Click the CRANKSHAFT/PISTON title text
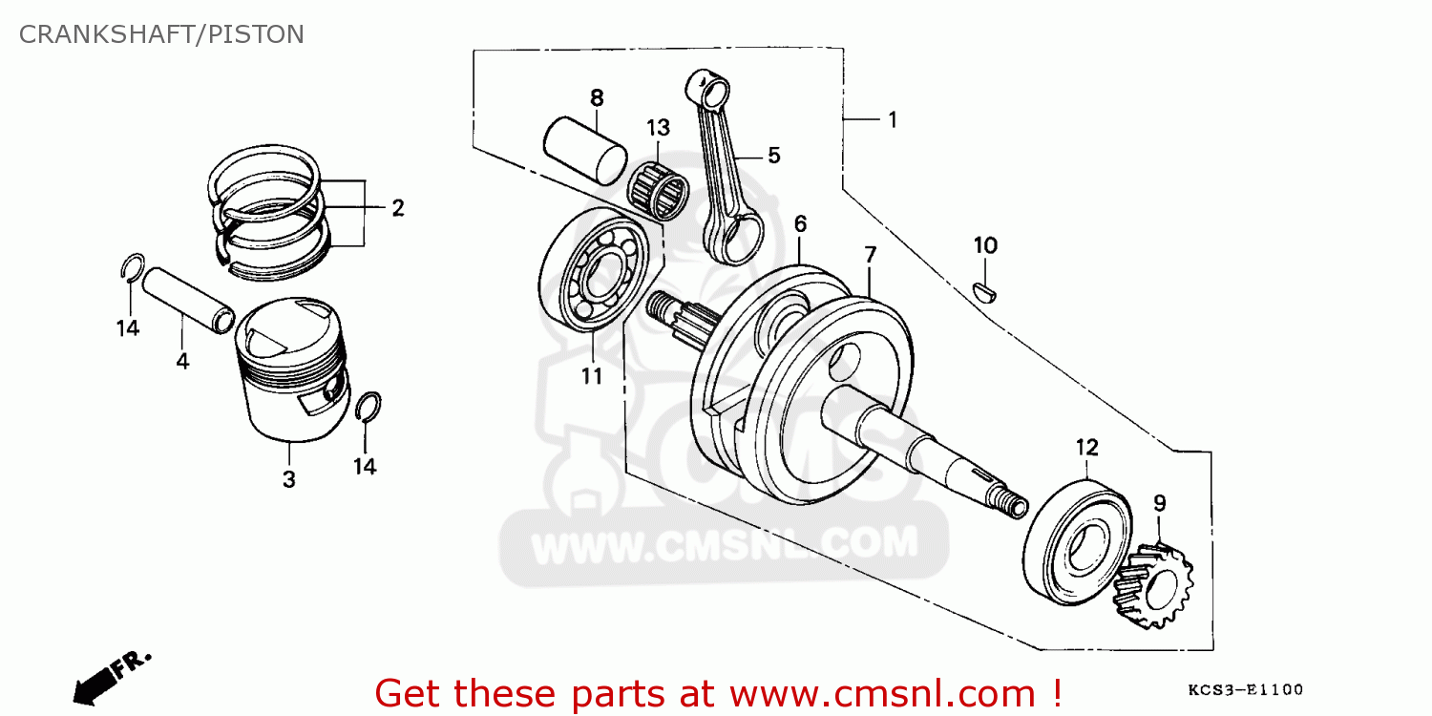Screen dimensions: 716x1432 click(161, 34)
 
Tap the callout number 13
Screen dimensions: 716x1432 click(658, 128)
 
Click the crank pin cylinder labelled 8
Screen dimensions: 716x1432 click(585, 149)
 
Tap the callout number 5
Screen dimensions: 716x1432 click(773, 155)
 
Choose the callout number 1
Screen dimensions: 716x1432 click(892, 120)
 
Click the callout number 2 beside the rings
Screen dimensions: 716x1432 click(397, 208)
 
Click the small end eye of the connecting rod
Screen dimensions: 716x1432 click(706, 88)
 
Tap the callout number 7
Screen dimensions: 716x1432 click(870, 255)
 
